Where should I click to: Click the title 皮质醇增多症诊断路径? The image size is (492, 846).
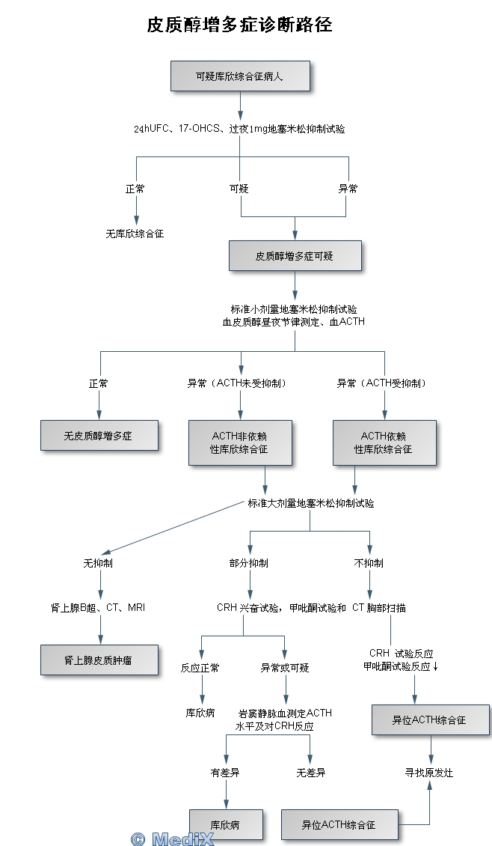239,25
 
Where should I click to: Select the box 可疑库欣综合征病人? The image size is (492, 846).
239,76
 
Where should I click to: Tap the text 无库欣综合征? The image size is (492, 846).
135,234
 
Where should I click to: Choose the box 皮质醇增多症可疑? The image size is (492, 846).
295,256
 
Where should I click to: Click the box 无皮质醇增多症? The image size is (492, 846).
99,436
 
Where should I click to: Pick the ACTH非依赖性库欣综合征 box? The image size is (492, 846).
239,442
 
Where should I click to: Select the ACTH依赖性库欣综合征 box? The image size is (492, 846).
384,442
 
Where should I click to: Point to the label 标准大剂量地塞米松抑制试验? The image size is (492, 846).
311,503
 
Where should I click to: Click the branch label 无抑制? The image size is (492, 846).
99,563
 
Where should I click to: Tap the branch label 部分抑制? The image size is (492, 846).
249,563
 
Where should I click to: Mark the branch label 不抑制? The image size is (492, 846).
369,563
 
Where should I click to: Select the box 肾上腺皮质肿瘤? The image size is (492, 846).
99,660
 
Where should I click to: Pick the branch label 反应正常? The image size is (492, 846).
200,668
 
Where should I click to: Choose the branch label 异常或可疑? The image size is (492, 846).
285,668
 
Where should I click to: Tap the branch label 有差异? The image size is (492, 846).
225,773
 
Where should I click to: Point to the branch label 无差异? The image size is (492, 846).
311,773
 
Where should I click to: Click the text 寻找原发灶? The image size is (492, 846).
430,773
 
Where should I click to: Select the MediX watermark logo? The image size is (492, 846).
173,839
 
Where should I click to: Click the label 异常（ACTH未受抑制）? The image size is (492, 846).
238,383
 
